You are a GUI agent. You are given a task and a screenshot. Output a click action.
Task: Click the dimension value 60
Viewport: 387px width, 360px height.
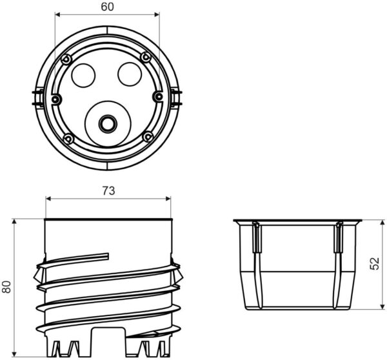point(108,6)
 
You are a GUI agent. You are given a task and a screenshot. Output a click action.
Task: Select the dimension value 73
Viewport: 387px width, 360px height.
point(108,191)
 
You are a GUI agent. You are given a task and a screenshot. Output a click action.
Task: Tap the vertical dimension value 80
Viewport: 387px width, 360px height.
point(7,286)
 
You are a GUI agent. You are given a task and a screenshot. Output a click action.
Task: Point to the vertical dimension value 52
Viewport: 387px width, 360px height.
point(376,263)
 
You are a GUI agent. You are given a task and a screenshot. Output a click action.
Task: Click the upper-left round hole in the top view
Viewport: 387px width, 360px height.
point(83,75)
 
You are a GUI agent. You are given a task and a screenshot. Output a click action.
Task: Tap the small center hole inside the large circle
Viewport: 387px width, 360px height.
point(106,122)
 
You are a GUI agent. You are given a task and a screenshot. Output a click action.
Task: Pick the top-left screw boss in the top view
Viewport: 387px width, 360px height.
point(66,59)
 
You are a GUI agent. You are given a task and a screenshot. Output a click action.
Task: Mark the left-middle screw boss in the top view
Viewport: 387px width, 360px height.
point(57,99)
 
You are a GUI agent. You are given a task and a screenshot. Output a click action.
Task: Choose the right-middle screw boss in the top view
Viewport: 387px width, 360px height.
point(158,97)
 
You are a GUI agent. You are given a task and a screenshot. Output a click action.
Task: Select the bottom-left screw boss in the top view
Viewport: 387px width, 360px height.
point(68,138)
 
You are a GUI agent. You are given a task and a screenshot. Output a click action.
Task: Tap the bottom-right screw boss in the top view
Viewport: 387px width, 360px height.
point(148,136)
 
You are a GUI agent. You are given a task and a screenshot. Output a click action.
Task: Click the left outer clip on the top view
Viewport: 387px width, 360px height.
point(36,98)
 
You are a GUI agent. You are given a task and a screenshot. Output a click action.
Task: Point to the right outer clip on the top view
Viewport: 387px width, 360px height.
point(179,98)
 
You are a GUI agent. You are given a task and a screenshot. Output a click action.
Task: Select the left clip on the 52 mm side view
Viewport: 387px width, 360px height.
point(256,239)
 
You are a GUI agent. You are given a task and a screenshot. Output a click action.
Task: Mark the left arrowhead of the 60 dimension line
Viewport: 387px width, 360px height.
point(57,14)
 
